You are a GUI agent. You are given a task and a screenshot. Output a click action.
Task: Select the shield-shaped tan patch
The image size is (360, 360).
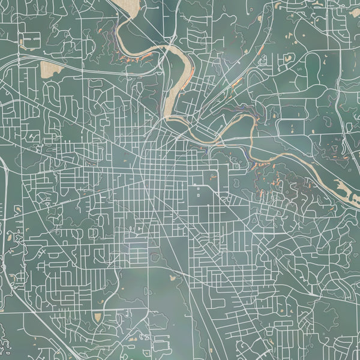click(x=97, y=316)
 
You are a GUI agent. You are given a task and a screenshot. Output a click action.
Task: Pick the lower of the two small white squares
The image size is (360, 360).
click(x=199, y=196)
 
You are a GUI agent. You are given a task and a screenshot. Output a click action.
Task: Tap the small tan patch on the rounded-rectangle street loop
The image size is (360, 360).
click(x=289, y=58)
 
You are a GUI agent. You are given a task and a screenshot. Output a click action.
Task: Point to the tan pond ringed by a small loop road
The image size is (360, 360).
click(x=174, y=277)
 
